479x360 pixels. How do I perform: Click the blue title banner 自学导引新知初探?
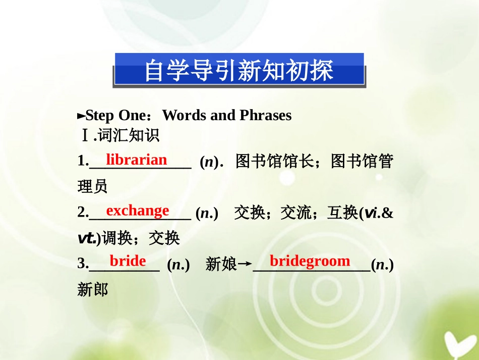pyautogui.click(x=238, y=70)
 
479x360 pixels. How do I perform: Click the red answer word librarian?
pyautogui.click(x=136, y=160)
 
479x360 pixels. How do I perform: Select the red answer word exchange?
pyautogui.click(x=138, y=210)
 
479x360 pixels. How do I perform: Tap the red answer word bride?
pyautogui.click(x=128, y=261)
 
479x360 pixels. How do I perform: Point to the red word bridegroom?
pyautogui.click(x=310, y=261)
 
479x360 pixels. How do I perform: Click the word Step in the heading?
pyautogui.click(x=99, y=116)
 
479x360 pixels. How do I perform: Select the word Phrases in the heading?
pyautogui.click(x=265, y=116)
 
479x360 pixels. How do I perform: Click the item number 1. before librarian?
pyautogui.click(x=83, y=161)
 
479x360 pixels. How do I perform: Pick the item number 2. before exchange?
pyautogui.click(x=83, y=213)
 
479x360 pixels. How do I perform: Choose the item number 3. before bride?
pyautogui.click(x=83, y=264)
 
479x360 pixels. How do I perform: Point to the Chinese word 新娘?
pyautogui.click(x=221, y=264)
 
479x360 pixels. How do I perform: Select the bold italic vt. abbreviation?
pyautogui.click(x=86, y=238)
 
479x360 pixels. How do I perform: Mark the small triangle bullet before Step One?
pyautogui.click(x=81, y=116)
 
